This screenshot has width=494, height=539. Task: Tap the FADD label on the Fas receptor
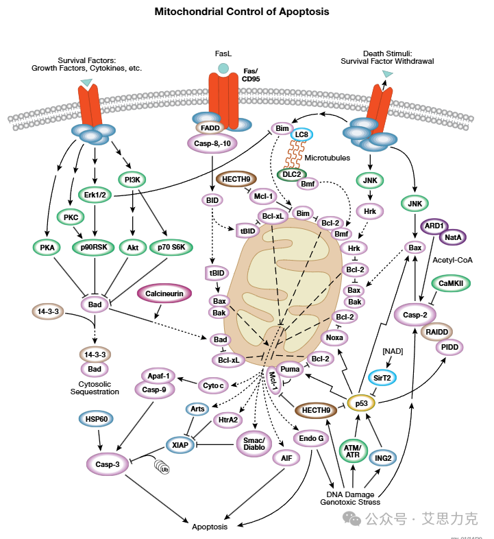tap(210, 127)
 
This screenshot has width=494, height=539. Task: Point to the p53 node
tap(361, 403)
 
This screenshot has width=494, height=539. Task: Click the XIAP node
tap(180, 444)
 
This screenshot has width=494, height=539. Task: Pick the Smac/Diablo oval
tap(255, 443)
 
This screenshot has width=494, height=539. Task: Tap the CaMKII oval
tap(450, 282)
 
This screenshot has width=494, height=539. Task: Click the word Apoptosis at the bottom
tap(210, 526)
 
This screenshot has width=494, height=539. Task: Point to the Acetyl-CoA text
tap(454, 260)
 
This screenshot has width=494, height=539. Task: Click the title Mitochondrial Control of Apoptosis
tap(241, 12)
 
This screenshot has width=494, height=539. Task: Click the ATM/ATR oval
tap(354, 450)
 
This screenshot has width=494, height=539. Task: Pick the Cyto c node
tap(213, 386)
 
